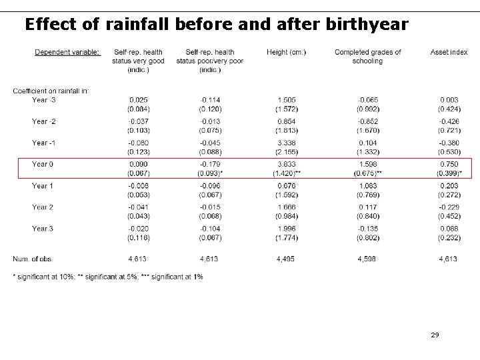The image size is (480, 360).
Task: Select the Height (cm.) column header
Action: pos(286,53)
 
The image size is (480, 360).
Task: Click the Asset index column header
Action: pos(449,53)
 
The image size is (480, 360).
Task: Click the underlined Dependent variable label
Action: pos(67,53)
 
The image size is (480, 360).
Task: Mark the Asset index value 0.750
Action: pos(449,164)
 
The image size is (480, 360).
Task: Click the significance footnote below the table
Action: pos(108,276)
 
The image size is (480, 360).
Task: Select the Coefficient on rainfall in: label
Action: pos(51,91)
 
